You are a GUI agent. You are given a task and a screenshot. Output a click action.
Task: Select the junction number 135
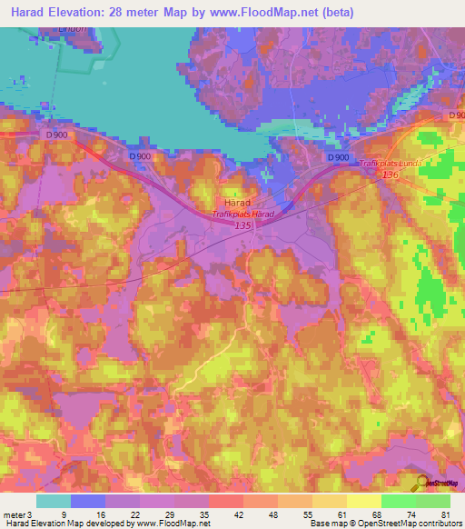point(242,225)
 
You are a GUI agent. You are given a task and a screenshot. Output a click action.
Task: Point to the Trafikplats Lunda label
point(390,163)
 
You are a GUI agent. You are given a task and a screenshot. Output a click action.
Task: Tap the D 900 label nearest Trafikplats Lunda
point(338,157)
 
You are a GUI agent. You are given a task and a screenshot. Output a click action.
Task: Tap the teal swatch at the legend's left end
point(54,501)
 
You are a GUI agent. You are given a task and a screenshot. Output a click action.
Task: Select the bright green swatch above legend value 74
point(399,501)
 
